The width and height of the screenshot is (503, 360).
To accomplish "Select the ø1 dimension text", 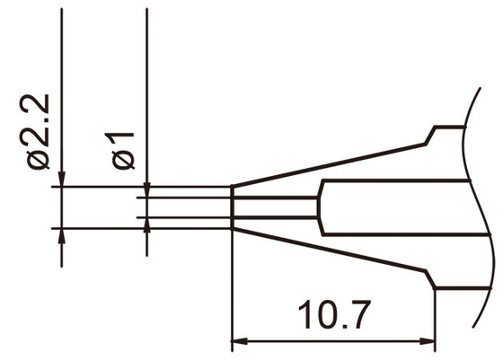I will click(x=124, y=149).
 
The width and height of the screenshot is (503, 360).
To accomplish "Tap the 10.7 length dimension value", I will click(x=335, y=317).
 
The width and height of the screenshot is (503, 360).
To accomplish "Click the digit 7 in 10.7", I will click(x=359, y=317).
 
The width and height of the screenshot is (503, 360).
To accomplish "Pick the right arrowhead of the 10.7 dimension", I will click(x=429, y=341).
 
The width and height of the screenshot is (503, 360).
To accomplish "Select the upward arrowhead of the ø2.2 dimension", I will click(x=61, y=235).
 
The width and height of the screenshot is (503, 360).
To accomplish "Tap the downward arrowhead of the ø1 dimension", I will click(x=146, y=190).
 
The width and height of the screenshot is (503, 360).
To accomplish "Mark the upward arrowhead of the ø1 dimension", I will click(x=146, y=224).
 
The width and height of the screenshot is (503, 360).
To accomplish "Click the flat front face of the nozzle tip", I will click(x=233, y=207).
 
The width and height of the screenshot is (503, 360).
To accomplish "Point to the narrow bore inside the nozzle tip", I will click(x=274, y=207).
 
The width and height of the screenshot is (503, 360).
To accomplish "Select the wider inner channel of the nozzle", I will click(x=395, y=207).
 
